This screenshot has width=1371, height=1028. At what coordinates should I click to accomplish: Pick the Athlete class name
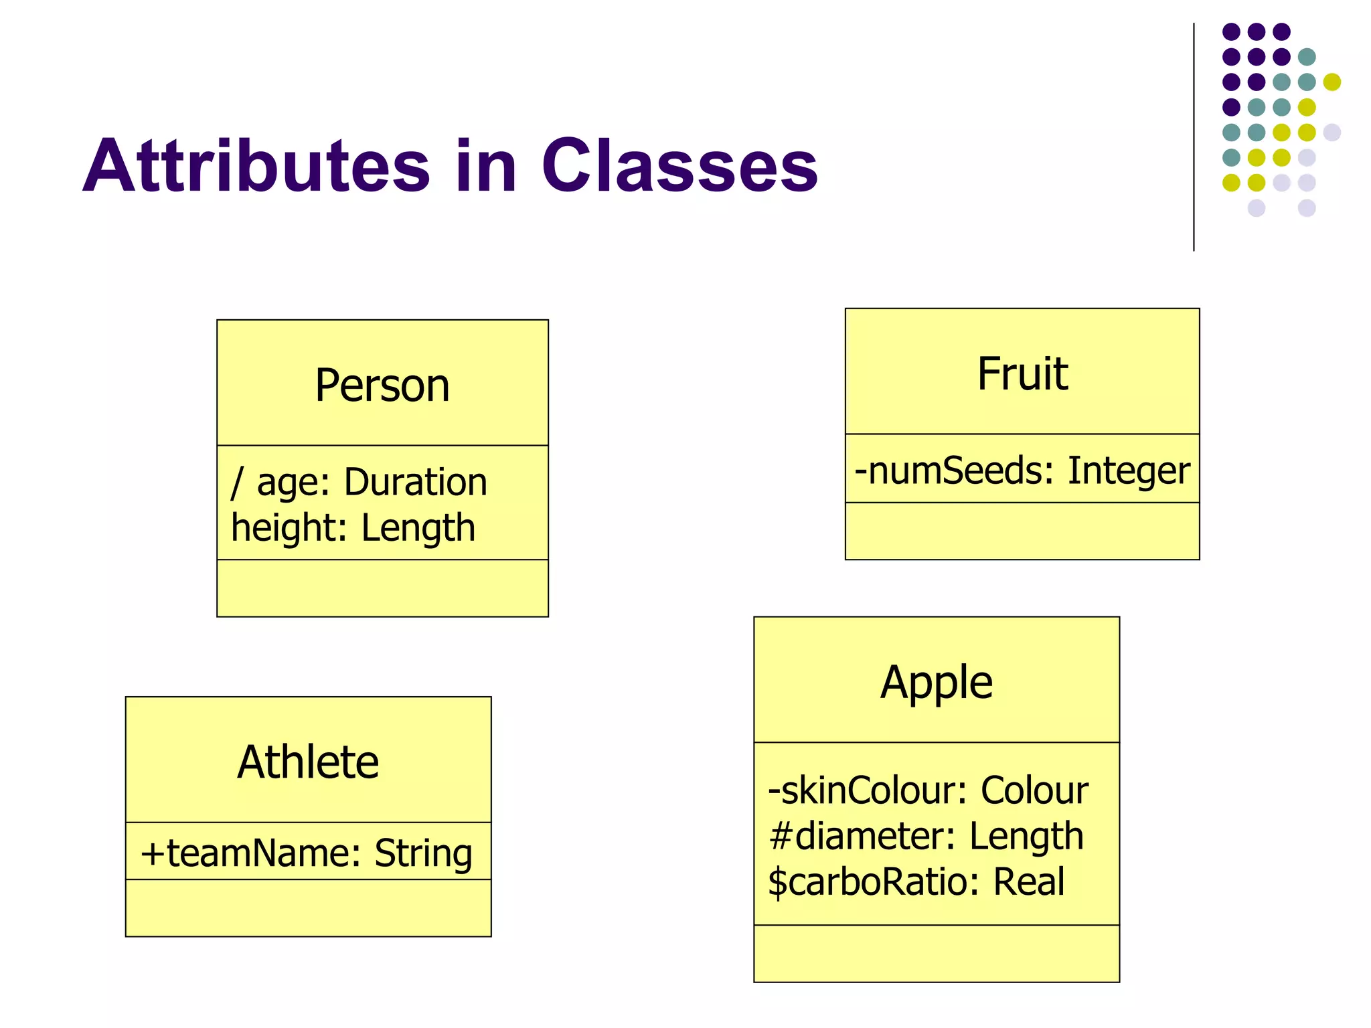308,762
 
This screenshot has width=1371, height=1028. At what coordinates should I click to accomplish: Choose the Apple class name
936,683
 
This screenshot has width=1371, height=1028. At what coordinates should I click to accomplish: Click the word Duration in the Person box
415,482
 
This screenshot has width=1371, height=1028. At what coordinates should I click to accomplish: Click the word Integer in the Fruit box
1129,470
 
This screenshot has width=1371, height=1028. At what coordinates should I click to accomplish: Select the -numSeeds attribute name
947,470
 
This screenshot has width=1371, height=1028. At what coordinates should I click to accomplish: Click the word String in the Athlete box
423,853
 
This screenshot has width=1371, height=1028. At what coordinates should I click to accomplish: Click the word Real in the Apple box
1028,881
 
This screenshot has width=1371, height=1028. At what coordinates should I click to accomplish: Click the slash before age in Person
236,482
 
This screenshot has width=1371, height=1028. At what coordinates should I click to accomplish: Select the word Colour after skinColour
1034,790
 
